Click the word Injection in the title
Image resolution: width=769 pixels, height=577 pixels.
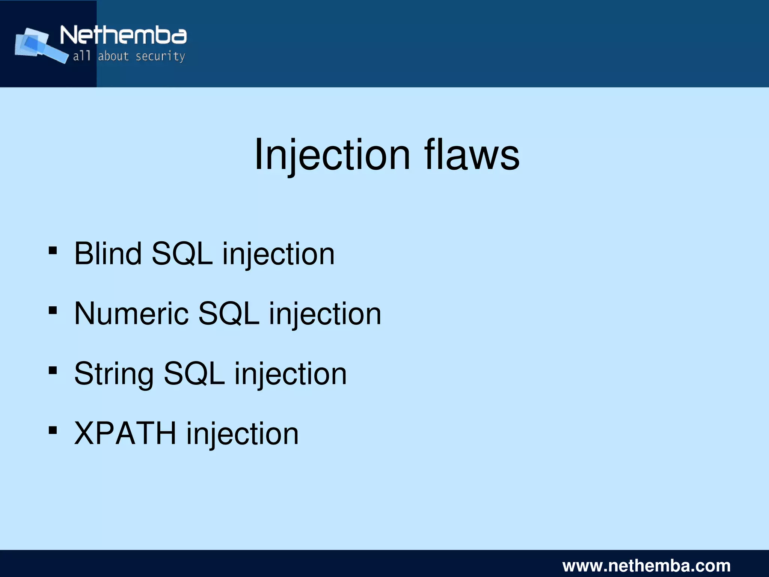(332, 155)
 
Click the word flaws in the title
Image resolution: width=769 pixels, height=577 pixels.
(472, 155)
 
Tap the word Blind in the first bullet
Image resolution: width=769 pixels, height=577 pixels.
(108, 254)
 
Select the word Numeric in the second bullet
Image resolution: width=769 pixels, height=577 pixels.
(131, 314)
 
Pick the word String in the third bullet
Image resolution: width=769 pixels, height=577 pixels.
(114, 374)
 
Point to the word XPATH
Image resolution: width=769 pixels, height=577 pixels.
(125, 434)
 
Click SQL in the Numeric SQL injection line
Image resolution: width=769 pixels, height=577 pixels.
(229, 314)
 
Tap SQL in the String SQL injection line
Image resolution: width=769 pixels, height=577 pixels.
(195, 374)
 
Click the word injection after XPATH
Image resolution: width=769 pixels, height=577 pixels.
(243, 434)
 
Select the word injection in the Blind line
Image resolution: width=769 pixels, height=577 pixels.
(278, 254)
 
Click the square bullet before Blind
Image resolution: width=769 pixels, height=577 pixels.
(53, 250)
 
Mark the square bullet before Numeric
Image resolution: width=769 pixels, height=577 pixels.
(53, 310)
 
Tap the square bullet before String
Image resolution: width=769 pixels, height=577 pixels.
(53, 371)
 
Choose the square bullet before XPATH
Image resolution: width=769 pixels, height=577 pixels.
(53, 430)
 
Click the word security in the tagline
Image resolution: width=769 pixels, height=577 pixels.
(160, 56)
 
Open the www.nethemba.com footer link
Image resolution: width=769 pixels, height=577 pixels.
(646, 565)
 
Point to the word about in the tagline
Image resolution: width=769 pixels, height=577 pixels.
(113, 56)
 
